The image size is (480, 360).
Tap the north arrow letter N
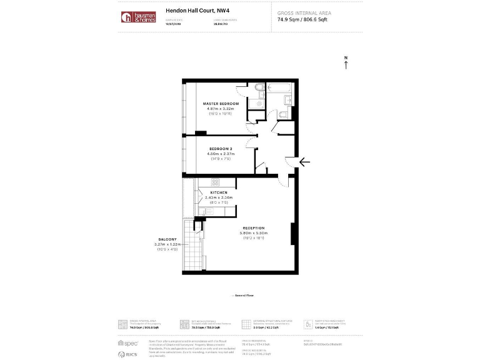(346, 58)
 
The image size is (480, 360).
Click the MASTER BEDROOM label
(221, 103)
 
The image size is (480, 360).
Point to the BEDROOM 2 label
(221, 149)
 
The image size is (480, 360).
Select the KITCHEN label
(210, 192)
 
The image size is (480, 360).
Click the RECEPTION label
(254, 228)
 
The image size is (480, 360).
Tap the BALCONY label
(167, 239)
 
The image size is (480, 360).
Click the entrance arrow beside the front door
(304, 162)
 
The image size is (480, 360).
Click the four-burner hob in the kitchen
(215, 182)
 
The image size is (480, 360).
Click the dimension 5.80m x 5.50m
(254, 233)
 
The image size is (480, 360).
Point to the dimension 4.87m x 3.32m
(221, 108)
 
